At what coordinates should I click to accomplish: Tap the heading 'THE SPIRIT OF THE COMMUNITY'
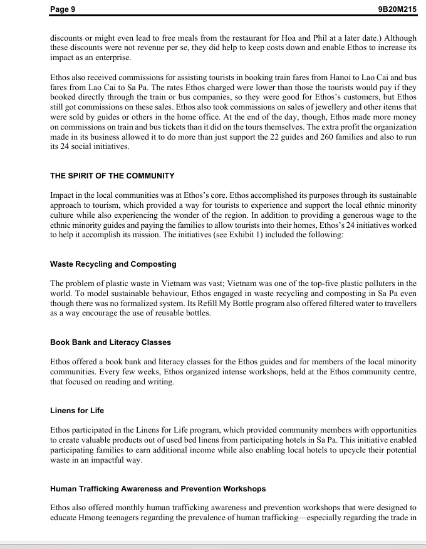tap(112, 175)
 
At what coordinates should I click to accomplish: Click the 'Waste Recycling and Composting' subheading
tap(113, 264)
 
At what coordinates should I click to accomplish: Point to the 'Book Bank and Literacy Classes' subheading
tap(110, 342)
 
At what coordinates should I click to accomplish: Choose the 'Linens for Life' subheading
tap(77, 411)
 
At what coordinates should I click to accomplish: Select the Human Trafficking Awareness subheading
tap(158, 488)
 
